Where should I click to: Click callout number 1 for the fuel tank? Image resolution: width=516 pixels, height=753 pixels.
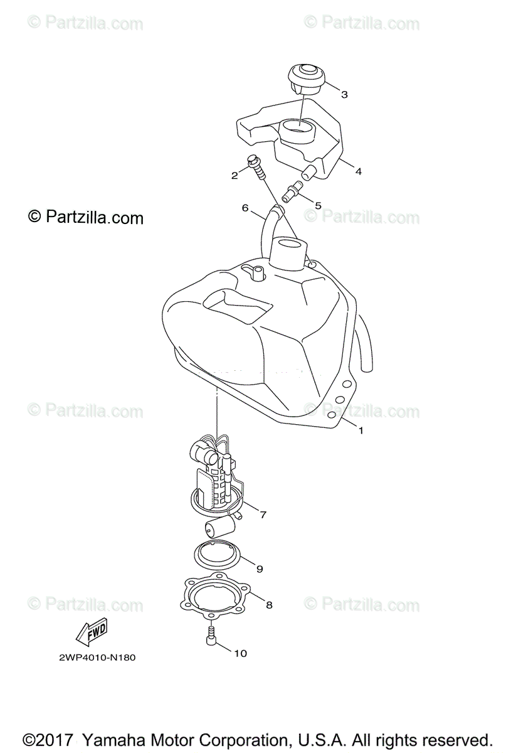[361, 430]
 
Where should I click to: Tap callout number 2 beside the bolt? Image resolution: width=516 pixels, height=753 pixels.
[234, 176]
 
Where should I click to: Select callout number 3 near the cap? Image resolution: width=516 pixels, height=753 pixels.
[344, 94]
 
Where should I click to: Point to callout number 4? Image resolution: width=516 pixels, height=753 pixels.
[358, 171]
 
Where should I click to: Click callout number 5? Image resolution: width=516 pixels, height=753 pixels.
[318, 205]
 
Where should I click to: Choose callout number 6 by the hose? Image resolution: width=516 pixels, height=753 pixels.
[245, 208]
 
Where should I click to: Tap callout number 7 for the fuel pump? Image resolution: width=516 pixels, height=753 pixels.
[263, 515]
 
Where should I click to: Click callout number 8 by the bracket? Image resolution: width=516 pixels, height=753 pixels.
[269, 605]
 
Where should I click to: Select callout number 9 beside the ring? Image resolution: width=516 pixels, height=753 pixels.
[259, 569]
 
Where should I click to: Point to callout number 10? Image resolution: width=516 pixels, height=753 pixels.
[241, 653]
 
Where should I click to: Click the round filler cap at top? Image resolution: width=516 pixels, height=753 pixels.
[307, 77]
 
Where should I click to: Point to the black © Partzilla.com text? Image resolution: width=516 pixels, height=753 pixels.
[86, 217]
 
